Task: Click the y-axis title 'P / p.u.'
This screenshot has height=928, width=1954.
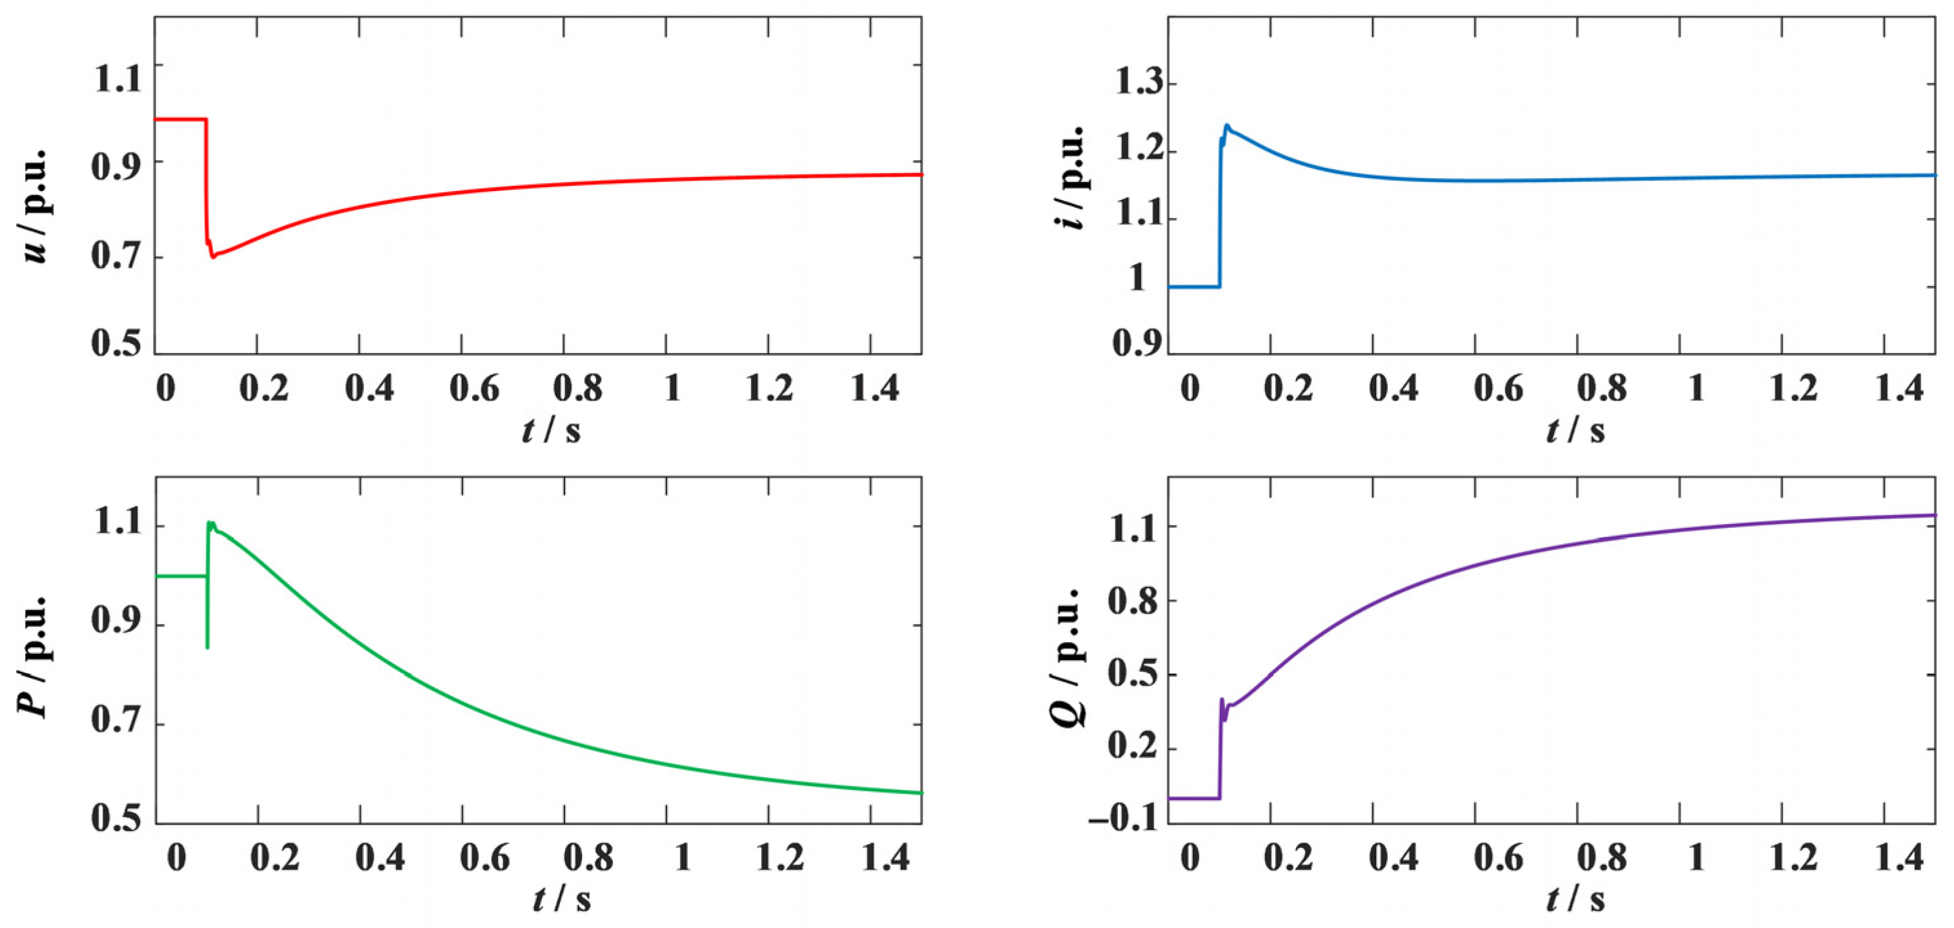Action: point(34,656)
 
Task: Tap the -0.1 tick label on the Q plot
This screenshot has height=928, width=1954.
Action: point(1122,820)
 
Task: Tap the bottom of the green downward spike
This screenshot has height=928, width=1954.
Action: point(207,647)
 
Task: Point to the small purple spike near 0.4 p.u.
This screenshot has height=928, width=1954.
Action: point(1221,700)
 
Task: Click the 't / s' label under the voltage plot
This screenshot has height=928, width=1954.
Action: point(552,430)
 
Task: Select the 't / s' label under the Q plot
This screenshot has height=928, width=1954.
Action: point(1575,900)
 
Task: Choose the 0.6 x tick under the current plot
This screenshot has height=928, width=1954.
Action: point(1498,388)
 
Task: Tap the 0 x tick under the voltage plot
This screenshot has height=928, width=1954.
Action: point(165,388)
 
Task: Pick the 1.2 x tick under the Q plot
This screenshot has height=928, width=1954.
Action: point(1793,858)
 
